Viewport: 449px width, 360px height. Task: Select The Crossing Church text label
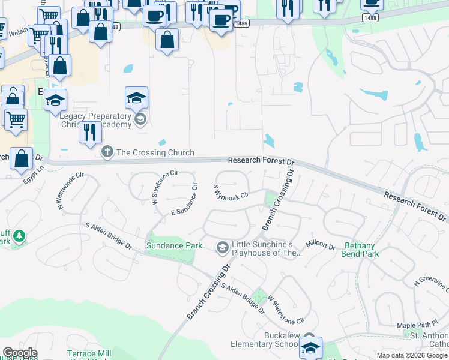point(155,152)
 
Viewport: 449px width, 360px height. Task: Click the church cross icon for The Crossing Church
point(107,152)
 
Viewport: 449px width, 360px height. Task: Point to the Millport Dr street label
point(320,245)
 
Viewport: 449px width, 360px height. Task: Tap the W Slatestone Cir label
point(286,309)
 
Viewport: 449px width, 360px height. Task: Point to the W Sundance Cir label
point(165,188)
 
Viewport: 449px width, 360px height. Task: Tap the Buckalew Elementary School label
point(265,340)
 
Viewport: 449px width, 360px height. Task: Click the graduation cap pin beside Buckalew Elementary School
point(311,347)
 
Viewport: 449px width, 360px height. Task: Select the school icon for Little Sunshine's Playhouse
point(222,247)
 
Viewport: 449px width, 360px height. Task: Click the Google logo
point(20,353)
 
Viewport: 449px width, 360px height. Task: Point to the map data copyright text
point(412,355)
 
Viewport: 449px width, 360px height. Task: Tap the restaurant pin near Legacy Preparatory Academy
point(90,132)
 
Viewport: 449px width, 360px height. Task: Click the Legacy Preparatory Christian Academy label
point(96,120)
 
